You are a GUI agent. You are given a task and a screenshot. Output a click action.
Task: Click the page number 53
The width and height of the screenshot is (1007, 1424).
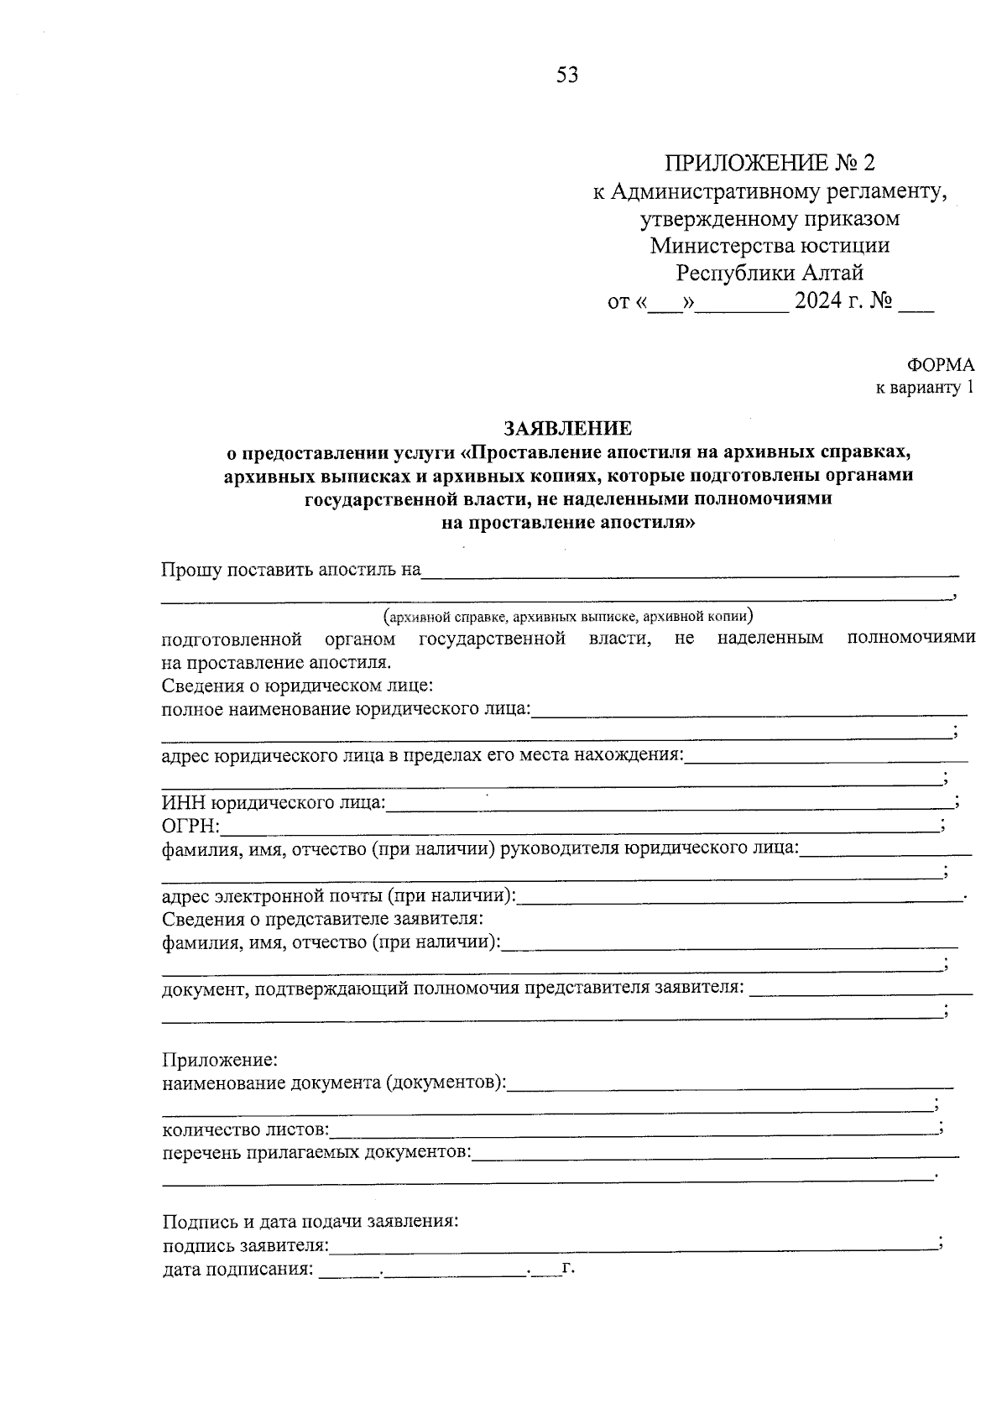coord(566,76)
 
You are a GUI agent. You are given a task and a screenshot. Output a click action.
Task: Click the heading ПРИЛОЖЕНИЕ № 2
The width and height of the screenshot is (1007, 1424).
coord(770,163)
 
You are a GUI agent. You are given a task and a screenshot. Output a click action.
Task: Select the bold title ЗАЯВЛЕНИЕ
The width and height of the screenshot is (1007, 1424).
coord(566,429)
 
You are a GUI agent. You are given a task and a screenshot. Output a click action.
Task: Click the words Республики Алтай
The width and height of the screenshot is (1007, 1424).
coord(770,274)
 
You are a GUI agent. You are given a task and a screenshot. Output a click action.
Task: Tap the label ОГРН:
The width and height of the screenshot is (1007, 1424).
coord(190,828)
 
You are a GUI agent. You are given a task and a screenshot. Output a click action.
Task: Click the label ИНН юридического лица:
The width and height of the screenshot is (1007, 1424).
coord(274,805)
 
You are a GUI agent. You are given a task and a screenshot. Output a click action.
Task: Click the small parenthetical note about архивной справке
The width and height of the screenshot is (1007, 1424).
coord(568,618)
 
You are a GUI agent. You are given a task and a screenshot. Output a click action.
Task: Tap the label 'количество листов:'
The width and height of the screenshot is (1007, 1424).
coord(246,1131)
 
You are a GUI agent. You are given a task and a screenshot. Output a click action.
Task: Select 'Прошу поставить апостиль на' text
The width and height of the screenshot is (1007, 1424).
coord(290,571)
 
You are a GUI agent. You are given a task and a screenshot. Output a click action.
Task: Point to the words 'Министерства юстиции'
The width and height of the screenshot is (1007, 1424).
coord(770,246)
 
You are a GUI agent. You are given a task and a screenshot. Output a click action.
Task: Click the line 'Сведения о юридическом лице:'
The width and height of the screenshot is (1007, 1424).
coord(297,686)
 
